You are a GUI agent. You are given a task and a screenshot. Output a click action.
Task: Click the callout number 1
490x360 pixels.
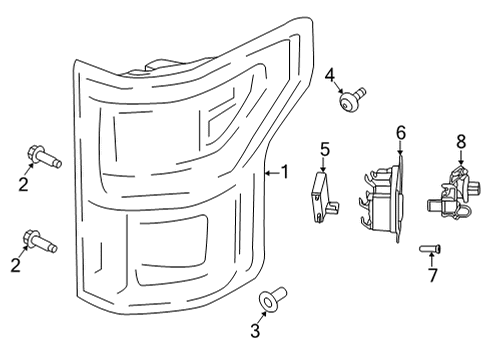click(x=284, y=172)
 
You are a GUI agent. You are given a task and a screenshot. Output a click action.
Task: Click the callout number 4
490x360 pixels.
click(x=330, y=74)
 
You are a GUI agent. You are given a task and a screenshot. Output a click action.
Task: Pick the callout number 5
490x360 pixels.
click(x=325, y=149)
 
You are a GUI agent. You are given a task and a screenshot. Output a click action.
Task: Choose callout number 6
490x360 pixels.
click(x=400, y=131)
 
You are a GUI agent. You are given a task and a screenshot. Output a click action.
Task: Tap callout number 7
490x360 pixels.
click(x=432, y=274)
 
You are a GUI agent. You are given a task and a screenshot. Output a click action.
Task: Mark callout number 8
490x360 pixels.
click(x=461, y=141)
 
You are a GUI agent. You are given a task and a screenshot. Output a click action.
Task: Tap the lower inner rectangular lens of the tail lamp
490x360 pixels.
click(x=170, y=246)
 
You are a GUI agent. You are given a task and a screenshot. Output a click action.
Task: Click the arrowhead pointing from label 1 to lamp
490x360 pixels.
click(x=266, y=172)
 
